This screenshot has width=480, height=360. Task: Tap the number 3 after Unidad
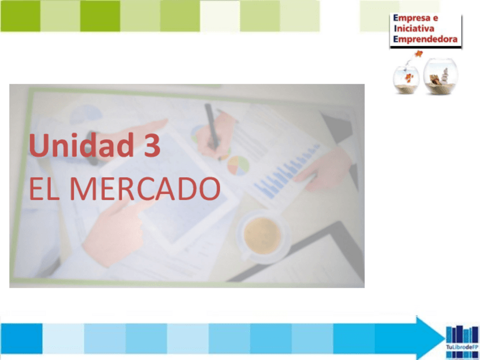click(x=152, y=145)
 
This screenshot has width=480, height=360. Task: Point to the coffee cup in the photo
click(x=262, y=233)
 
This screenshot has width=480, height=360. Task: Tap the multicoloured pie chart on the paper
click(x=238, y=165)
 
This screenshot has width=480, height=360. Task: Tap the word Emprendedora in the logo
click(x=425, y=40)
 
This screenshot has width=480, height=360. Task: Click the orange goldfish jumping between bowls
click(x=419, y=54)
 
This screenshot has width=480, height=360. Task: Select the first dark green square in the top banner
click(x=20, y=16)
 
